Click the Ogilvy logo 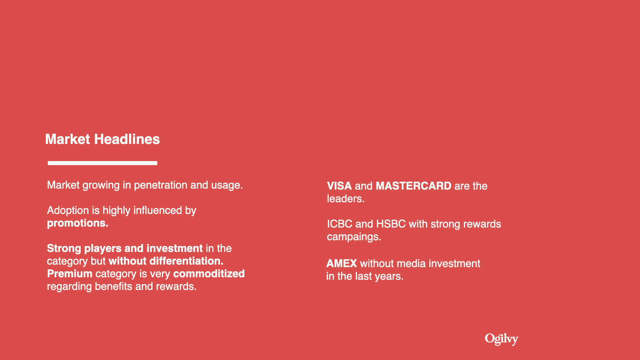coord(501,339)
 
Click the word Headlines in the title coord(127,139)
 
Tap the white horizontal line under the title coord(102,163)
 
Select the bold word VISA coord(339,186)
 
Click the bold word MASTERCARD coord(413,186)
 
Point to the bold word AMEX coord(342,264)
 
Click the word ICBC coord(340,224)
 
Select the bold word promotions coord(78,223)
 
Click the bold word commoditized coord(209,274)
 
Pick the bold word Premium coord(70,274)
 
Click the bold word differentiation coord(186,261)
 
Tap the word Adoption coord(68,211)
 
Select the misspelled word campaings coord(354,237)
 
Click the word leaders coord(346,199)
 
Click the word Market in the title coord(68,139)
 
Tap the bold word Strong coord(64,249)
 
